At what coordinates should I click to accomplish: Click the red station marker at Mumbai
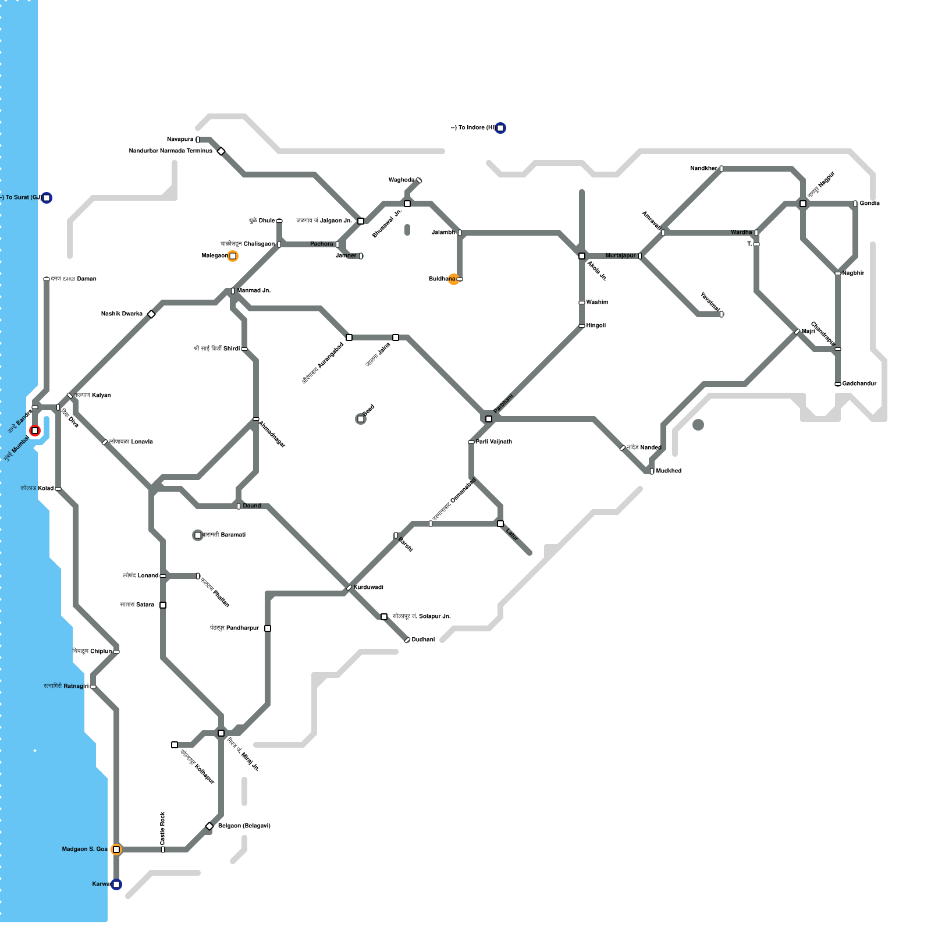click(35, 431)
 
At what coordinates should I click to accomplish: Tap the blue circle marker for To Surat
click(47, 198)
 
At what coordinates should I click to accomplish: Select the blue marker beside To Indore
click(500, 128)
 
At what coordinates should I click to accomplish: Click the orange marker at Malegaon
click(233, 256)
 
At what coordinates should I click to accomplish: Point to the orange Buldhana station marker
click(454, 279)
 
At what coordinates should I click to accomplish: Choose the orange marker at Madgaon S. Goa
click(116, 850)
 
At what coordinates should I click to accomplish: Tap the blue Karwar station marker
click(116, 884)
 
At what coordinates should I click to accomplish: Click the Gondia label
click(869, 204)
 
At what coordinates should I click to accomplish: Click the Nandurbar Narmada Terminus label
click(170, 151)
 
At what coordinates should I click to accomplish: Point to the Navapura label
click(180, 140)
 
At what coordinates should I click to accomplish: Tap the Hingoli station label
click(596, 326)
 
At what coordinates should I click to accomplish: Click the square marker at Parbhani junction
click(489, 419)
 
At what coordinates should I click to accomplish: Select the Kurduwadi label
click(368, 588)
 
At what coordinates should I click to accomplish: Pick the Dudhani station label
click(423, 640)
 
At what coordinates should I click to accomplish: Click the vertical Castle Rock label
click(163, 829)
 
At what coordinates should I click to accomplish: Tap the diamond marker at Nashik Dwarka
click(151, 314)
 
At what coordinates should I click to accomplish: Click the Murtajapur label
click(620, 256)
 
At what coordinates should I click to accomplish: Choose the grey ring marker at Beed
click(361, 419)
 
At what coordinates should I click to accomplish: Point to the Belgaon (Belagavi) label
click(244, 826)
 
